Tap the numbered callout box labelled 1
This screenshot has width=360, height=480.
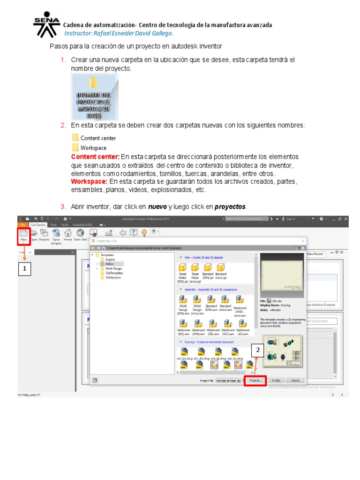[24, 269]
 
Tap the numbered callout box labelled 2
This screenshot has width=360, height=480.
[257, 350]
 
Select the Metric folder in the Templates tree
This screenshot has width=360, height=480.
[110, 264]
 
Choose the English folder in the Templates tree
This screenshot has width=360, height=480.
[110, 259]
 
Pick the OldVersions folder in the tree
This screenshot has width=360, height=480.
[112, 277]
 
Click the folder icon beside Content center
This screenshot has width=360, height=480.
[75, 138]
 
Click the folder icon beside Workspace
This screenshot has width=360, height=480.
[75, 148]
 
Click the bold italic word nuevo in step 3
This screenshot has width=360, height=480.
[157, 207]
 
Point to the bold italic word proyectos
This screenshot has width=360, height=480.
[230, 207]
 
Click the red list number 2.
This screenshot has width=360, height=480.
[63, 125]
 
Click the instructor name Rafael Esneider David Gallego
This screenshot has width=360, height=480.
[119, 33]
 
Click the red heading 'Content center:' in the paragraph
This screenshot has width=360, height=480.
[95, 157]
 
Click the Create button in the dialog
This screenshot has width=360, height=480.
[276, 381]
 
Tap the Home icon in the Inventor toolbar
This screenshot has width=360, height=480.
[68, 235]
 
